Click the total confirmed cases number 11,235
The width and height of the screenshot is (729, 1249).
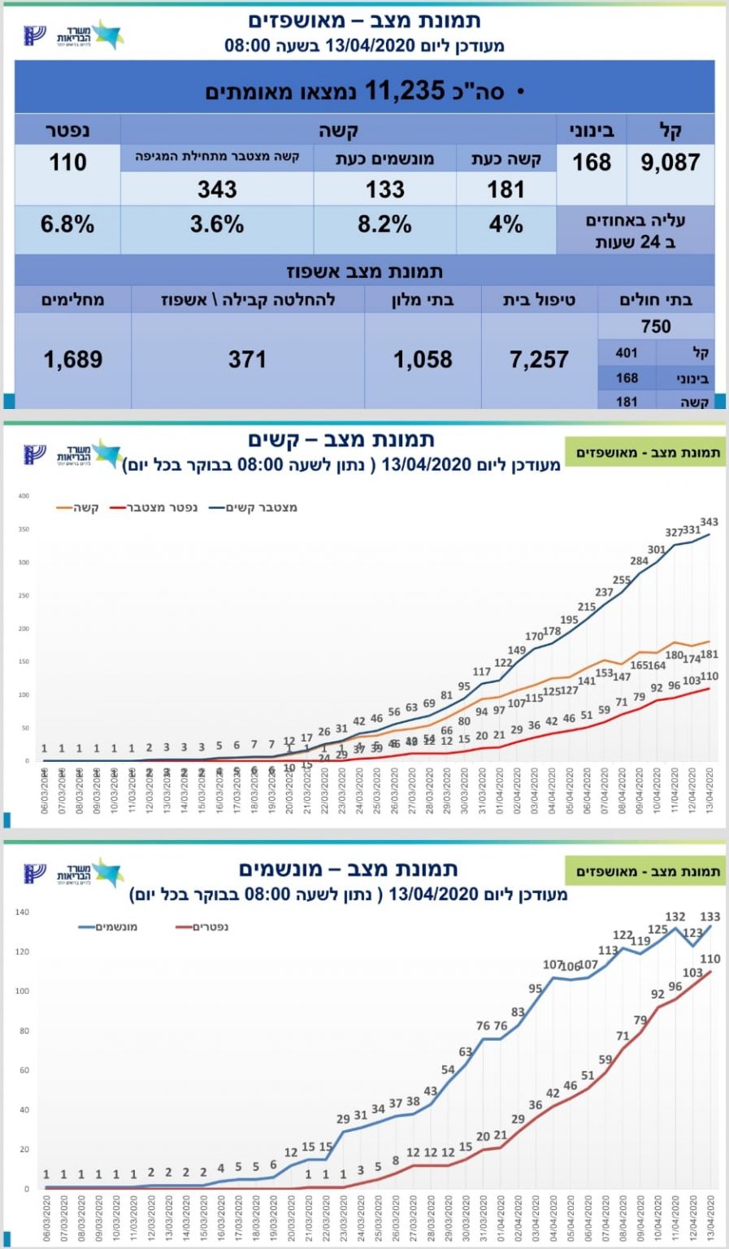click(x=404, y=90)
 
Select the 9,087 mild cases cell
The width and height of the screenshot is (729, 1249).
click(x=670, y=163)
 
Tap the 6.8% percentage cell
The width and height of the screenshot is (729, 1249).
click(x=67, y=224)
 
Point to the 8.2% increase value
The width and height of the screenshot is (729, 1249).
click(x=384, y=224)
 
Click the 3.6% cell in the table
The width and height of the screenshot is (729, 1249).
click(x=217, y=224)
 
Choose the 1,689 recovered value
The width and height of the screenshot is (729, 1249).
click(x=73, y=359)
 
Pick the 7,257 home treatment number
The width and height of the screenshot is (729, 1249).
click(x=539, y=359)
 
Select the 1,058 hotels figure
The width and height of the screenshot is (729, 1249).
click(x=423, y=359)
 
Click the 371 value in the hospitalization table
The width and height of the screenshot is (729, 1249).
click(x=247, y=359)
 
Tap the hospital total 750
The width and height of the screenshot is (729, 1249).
click(x=655, y=327)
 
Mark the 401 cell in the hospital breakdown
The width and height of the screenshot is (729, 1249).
click(x=627, y=353)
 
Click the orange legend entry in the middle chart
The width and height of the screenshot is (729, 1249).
click(x=78, y=508)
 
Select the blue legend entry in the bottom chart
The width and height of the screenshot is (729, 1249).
click(x=108, y=927)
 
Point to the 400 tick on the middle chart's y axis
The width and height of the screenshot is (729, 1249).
click(x=24, y=496)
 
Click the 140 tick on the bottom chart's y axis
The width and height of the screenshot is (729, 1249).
click(x=22, y=912)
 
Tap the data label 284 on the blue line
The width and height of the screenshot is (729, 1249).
click(x=640, y=561)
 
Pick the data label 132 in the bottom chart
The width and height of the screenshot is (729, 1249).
click(x=675, y=917)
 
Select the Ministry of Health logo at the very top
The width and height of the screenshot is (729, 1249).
click(x=75, y=35)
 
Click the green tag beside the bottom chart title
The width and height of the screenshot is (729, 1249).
click(x=648, y=872)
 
